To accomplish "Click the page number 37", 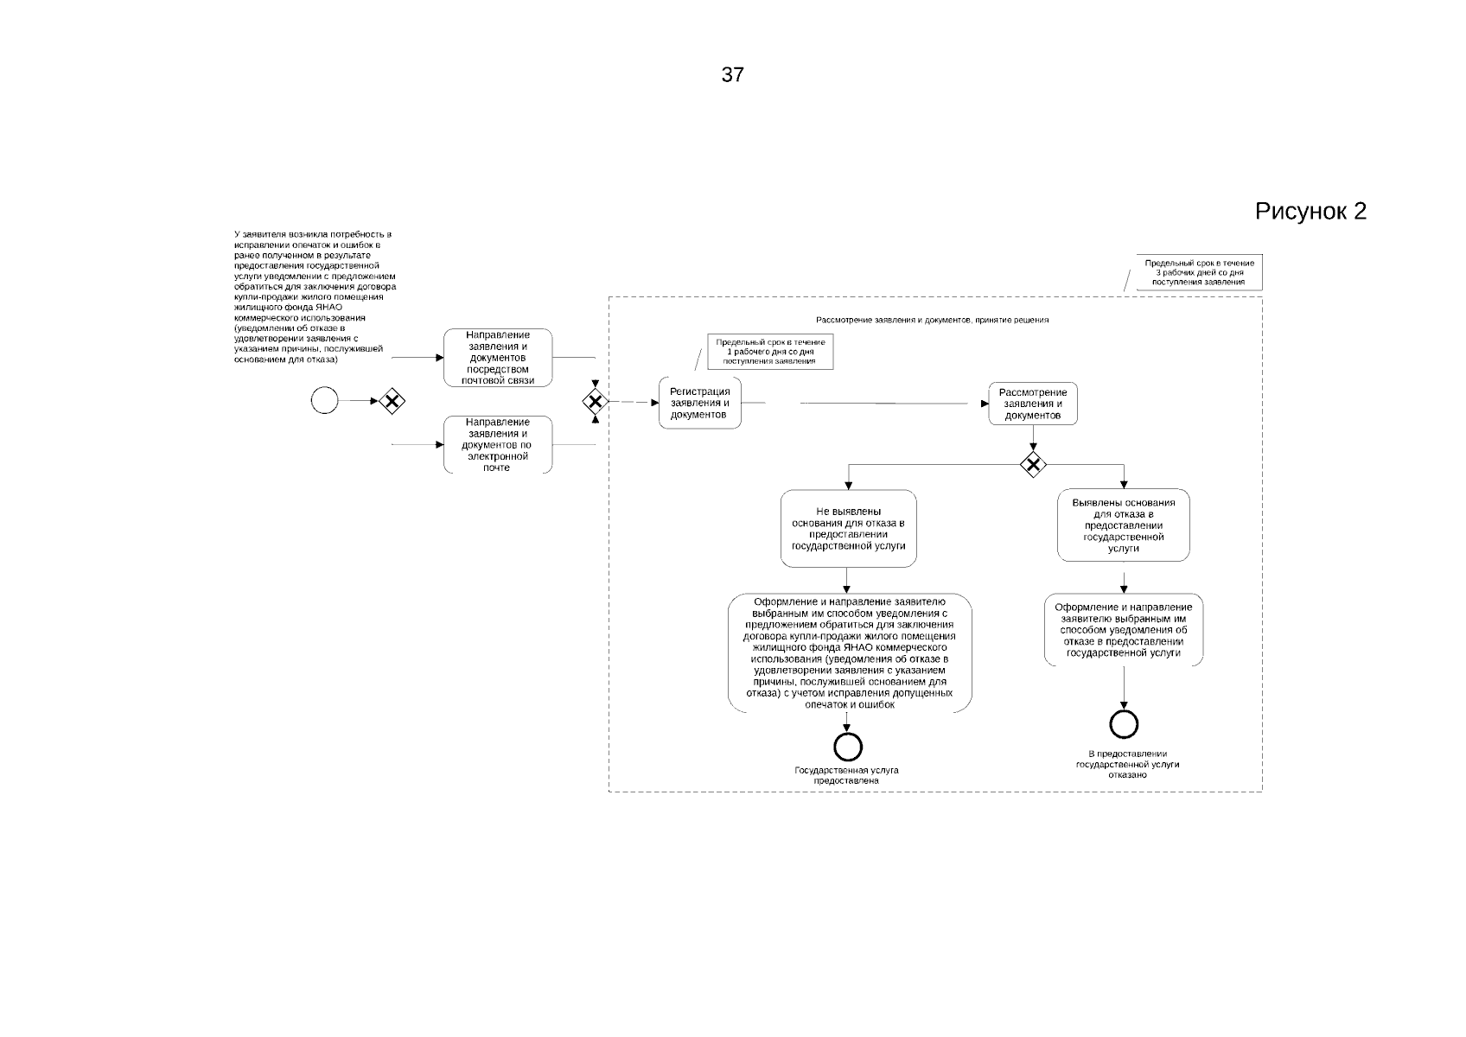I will tap(732, 75).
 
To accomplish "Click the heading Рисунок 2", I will tap(1310, 212).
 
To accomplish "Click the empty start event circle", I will tap(324, 400).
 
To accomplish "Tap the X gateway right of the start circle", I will tap(392, 401).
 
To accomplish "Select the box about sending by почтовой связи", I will tap(498, 358).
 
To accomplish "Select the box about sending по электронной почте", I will tap(498, 444).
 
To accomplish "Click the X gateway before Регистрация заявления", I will tap(595, 401).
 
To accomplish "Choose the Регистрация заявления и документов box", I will tap(699, 403).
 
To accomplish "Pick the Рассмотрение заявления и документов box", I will tap(1033, 404).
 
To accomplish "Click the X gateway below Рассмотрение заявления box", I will tap(1033, 464).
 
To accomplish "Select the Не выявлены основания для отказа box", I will tap(848, 529).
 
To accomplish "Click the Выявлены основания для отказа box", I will tap(1123, 525).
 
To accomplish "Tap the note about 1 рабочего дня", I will tap(770, 352).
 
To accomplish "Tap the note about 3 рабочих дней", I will tap(1199, 272).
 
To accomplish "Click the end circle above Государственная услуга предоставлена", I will tap(848, 745).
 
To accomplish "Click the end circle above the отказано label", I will tap(1124, 724).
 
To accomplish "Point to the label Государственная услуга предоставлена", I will tap(846, 775).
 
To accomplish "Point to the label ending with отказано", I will tap(1127, 765).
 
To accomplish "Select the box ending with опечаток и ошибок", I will tap(850, 653).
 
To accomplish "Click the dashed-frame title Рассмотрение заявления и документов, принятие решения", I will tap(932, 320).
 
